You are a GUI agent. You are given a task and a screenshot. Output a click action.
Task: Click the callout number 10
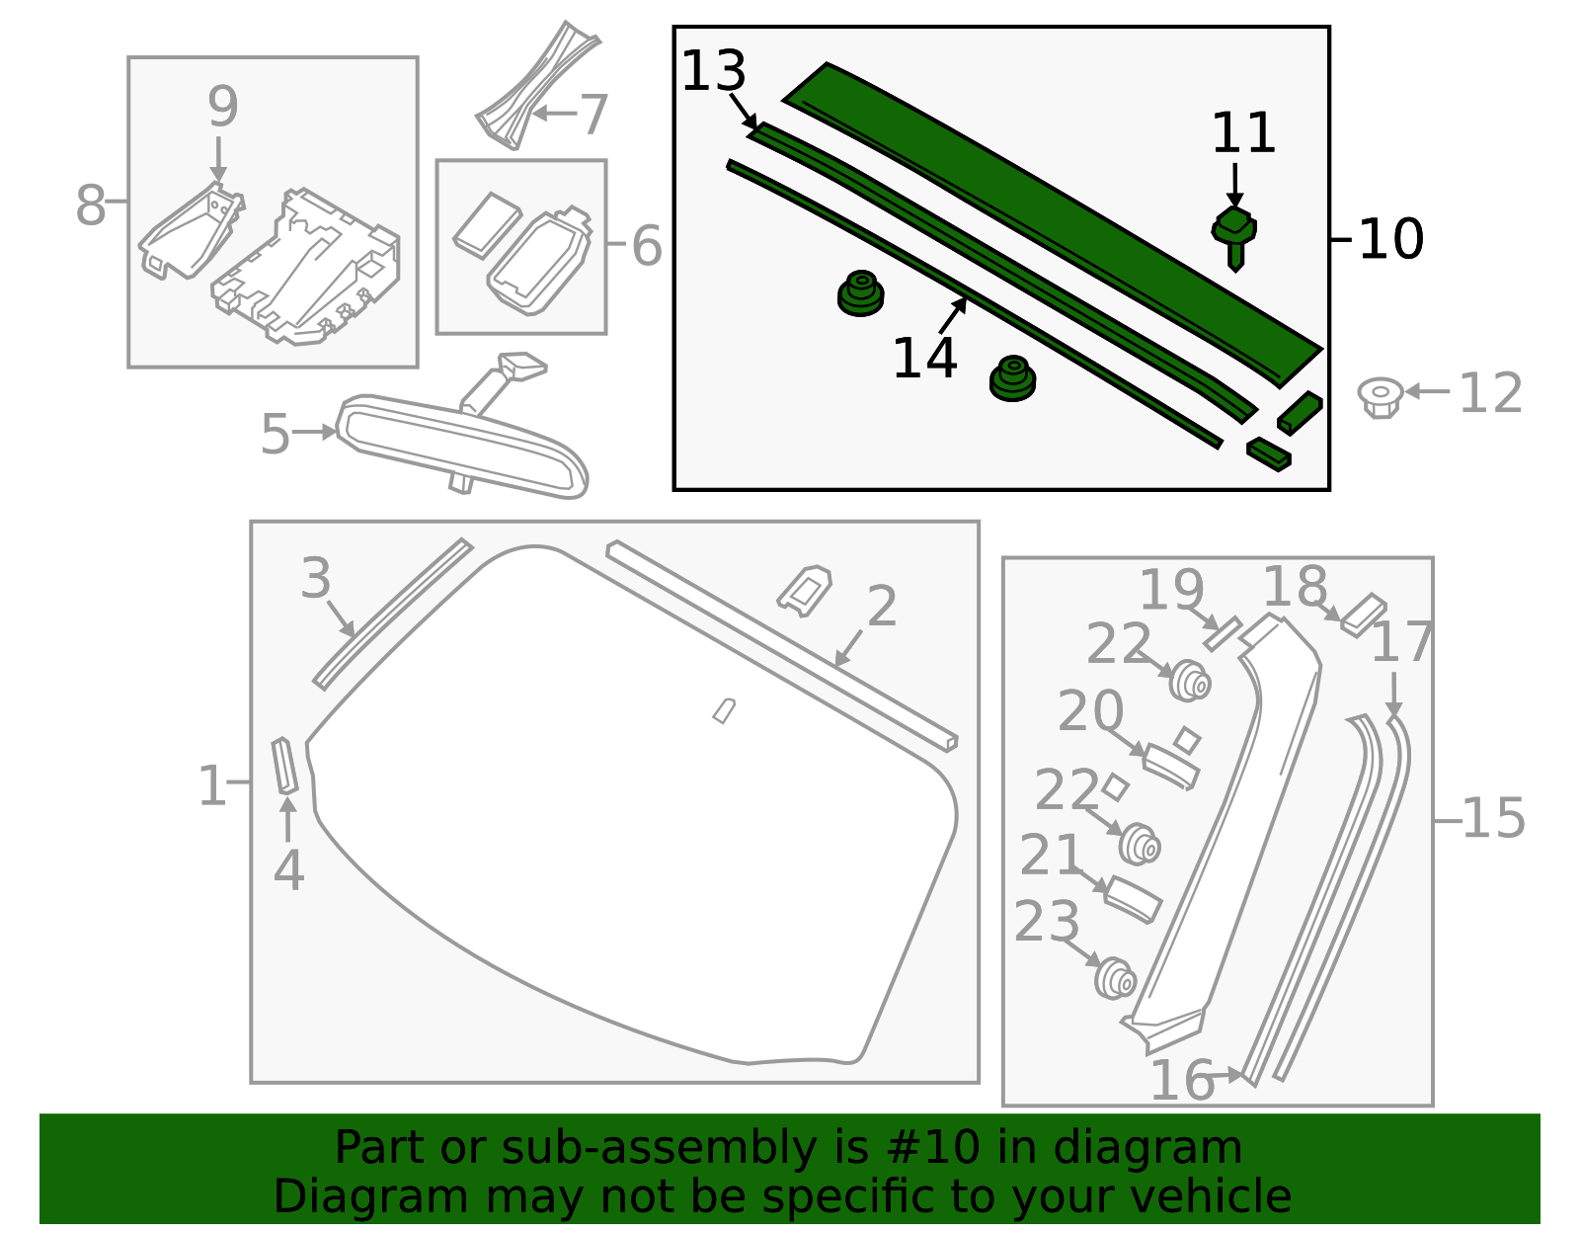tap(1390, 239)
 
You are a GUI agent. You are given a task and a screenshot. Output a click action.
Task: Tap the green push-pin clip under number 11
tap(1234, 233)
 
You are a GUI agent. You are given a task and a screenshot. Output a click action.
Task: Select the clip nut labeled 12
tap(1380, 396)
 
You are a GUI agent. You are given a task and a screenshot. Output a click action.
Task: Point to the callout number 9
tap(222, 107)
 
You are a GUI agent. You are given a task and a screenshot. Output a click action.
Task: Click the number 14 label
tap(924, 358)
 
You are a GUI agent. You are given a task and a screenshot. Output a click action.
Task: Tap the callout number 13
tap(713, 72)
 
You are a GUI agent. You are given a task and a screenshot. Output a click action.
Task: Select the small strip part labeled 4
tap(284, 765)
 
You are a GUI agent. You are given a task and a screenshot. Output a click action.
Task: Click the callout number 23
tap(1047, 923)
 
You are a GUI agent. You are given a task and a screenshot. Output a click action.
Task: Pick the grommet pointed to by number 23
tap(1116, 977)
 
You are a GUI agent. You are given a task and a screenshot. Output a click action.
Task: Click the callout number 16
tap(1182, 1080)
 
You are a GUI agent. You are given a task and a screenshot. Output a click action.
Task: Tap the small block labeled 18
tap(1365, 614)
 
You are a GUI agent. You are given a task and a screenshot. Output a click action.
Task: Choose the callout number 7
tap(593, 116)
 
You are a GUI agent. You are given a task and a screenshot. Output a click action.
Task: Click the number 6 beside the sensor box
tap(647, 246)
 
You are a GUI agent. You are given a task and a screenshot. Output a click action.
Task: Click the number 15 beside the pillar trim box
tap(1492, 819)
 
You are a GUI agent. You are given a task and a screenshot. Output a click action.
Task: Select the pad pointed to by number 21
tap(1132, 899)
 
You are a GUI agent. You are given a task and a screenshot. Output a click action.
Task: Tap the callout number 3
tap(316, 578)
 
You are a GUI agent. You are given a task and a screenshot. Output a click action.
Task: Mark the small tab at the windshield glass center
tap(724, 710)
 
